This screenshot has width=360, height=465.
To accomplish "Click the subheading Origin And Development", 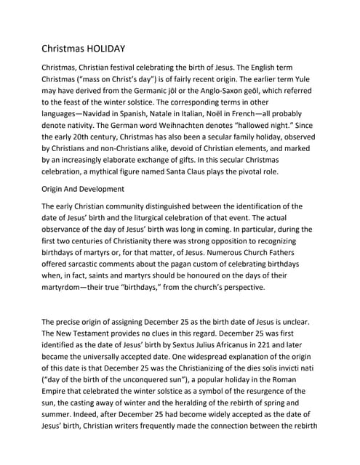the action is coord(83,189).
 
